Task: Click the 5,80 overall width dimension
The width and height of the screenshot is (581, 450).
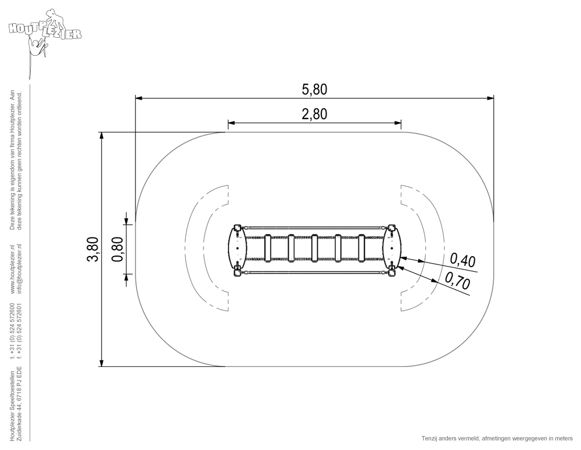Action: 314,89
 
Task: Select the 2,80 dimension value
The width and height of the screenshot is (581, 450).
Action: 314,114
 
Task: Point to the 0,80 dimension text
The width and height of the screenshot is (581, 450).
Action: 117,249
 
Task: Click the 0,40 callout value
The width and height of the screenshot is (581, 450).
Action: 463,260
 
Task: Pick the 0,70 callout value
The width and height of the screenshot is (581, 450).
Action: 457,280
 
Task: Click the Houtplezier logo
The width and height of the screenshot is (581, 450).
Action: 45,33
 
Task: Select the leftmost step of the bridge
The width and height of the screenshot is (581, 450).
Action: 268,248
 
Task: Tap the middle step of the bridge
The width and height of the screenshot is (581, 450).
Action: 314,248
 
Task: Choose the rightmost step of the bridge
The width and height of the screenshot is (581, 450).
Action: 361,248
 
